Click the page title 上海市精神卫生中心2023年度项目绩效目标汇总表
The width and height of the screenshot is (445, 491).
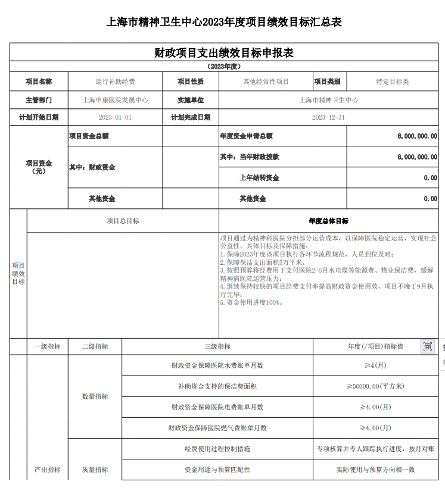point(223,23)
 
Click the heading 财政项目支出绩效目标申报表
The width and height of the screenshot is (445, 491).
point(223,53)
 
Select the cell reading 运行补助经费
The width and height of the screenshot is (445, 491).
point(115,82)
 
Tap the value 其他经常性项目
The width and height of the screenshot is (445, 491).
point(266,82)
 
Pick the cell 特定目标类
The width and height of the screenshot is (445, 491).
point(392,82)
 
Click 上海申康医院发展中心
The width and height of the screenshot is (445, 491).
point(115,100)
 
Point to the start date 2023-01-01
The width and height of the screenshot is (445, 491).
point(115,117)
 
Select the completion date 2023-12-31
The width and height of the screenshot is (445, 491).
point(328,117)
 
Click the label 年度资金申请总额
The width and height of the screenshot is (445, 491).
point(246,136)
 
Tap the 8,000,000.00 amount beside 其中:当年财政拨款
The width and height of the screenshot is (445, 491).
point(417,157)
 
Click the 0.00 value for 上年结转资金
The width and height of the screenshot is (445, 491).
point(430,178)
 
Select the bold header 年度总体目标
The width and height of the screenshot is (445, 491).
point(328,221)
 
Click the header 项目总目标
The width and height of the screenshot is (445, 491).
point(123,221)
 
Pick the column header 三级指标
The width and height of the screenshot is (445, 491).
point(217,346)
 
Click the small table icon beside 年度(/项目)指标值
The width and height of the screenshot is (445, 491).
point(428,346)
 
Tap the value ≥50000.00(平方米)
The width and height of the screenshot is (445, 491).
point(375,386)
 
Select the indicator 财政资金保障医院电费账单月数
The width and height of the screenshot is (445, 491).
point(217,407)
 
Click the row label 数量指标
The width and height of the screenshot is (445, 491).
point(95,396)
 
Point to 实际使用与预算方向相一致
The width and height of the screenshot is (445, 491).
point(375,470)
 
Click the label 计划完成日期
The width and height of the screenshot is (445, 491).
point(191,117)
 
